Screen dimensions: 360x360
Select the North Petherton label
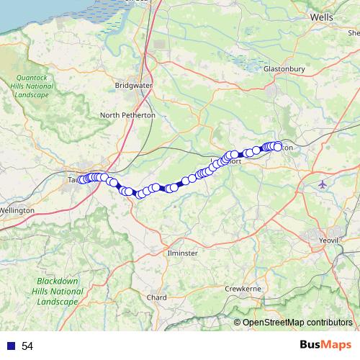point(127,115)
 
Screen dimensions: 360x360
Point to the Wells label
point(321,16)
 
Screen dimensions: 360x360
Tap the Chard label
point(156,297)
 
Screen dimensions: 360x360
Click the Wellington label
point(17,210)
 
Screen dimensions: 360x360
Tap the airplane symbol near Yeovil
point(322,184)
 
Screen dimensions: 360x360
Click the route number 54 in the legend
point(27,346)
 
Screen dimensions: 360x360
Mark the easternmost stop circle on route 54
point(277,147)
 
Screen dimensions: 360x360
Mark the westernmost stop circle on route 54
point(81,179)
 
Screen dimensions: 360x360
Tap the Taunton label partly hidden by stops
point(72,179)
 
